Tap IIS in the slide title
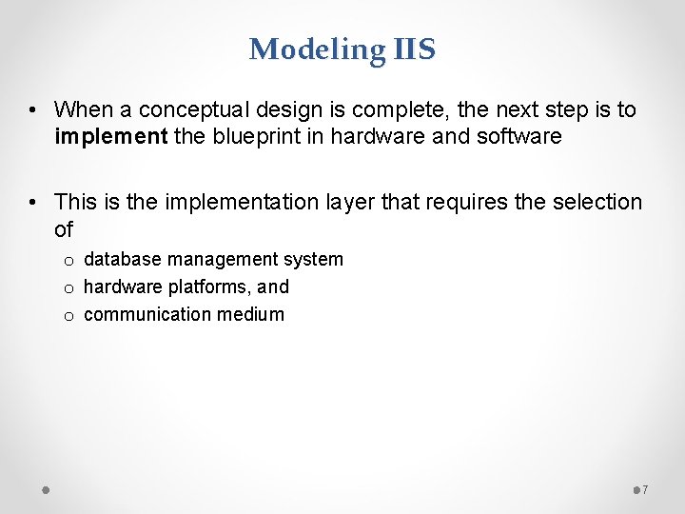tap(412, 49)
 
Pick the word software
tap(520, 137)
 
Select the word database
tap(121, 260)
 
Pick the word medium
tap(251, 315)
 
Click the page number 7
tap(645, 490)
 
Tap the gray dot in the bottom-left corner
tap(45, 490)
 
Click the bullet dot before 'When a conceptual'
tap(33, 110)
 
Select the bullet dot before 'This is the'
tap(33, 203)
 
